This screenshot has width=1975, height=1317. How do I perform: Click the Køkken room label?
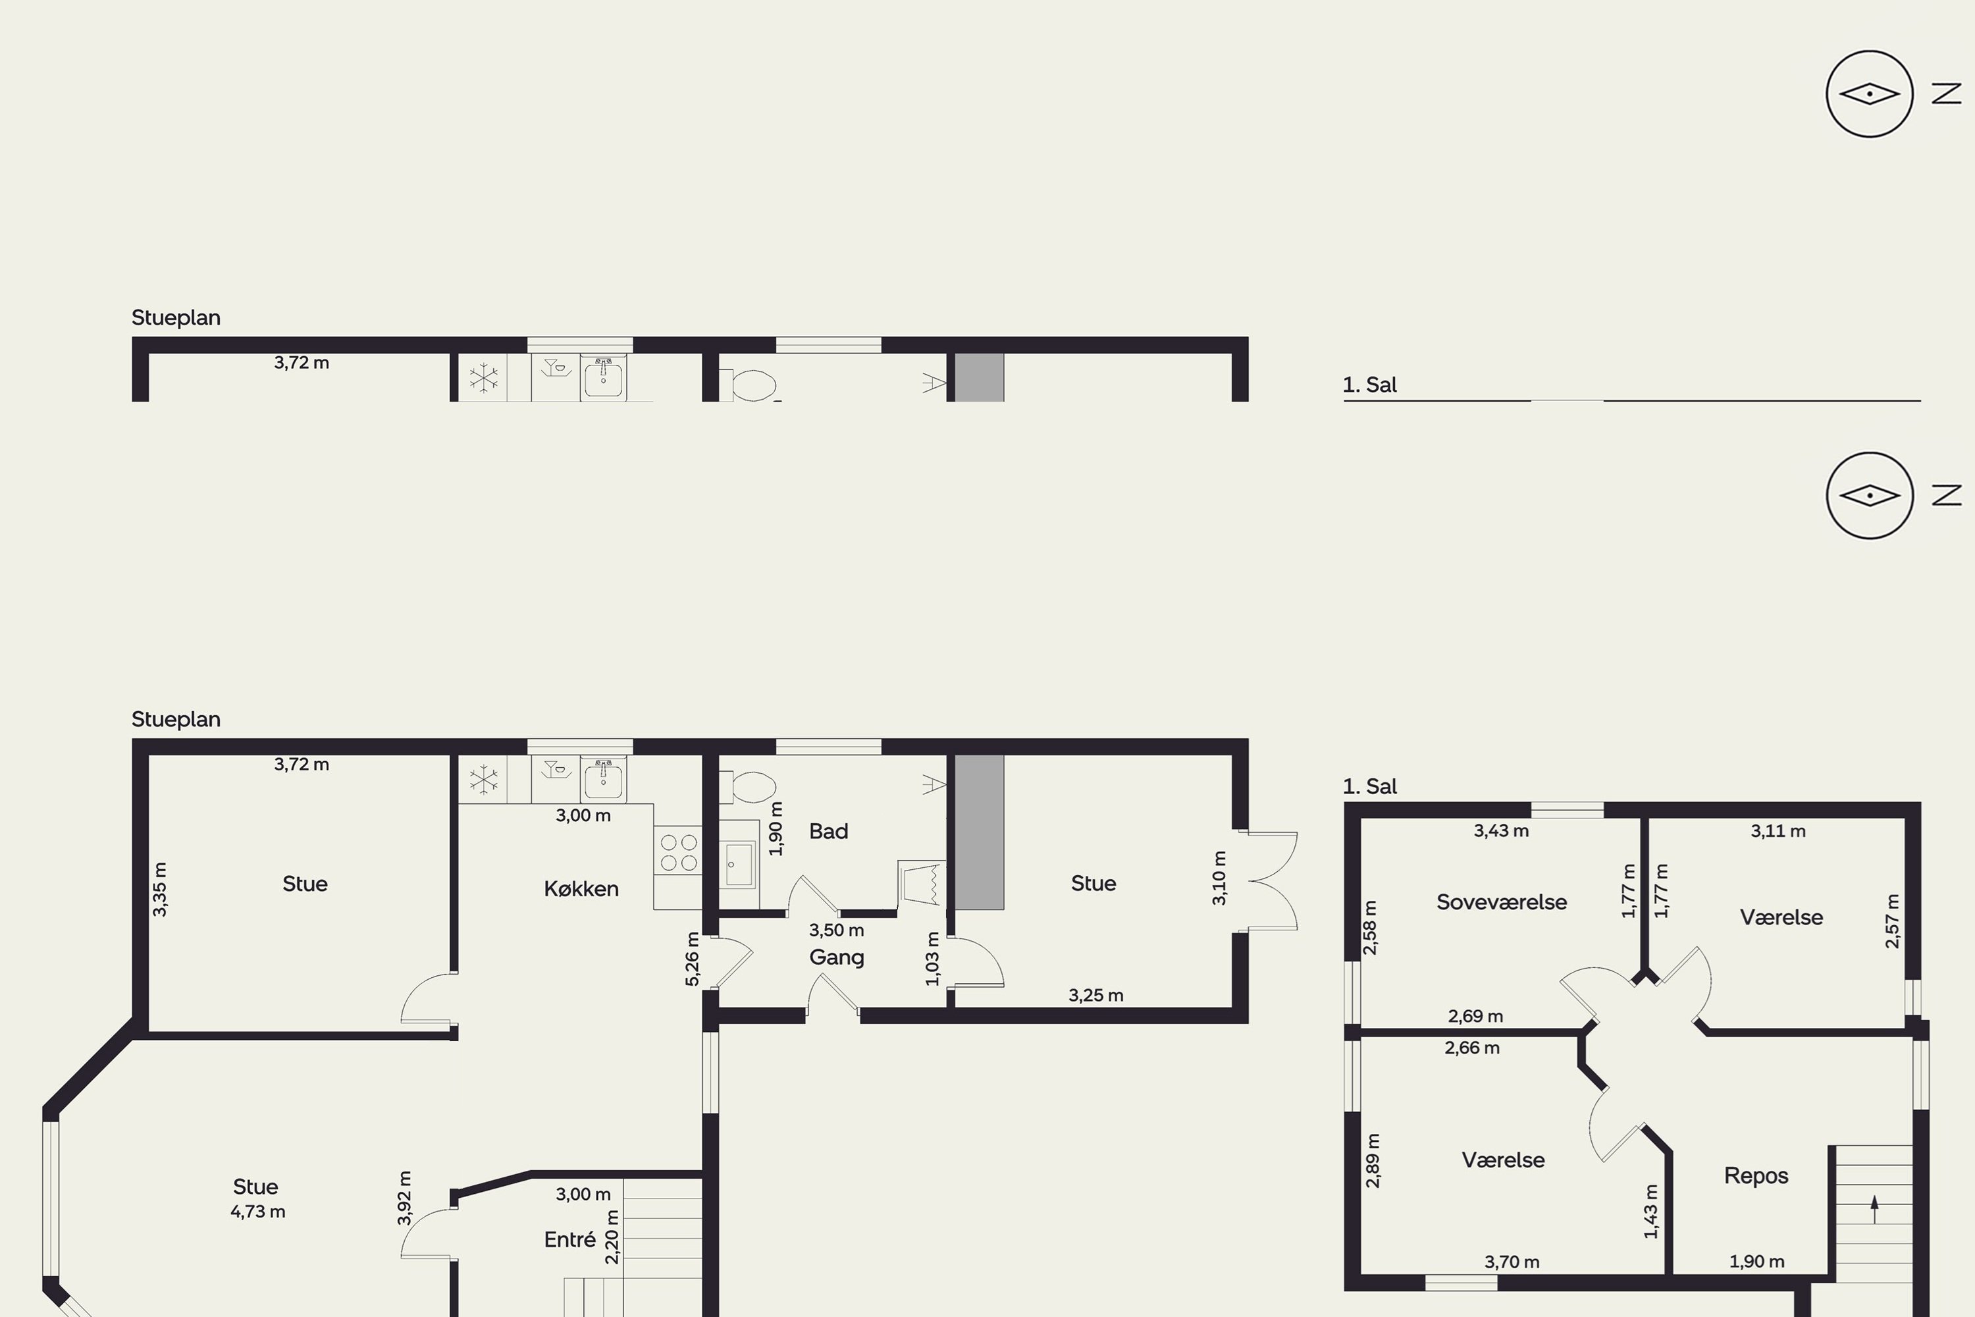pos(581,888)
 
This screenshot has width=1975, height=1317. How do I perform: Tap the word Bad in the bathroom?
pos(828,832)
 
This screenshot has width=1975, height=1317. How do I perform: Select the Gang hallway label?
pos(836,957)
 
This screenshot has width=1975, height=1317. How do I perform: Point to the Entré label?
pos(569,1240)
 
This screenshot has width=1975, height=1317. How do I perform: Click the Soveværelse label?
pos(1502,902)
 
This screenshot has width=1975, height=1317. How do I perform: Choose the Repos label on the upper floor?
pos(1756,1176)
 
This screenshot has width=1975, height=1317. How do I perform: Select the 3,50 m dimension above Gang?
pos(836,930)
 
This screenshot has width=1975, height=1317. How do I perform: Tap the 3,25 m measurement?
pos(1096,995)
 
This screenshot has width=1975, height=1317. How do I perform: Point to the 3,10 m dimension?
pos(1219,878)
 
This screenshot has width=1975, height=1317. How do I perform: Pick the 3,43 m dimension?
pos(1502,830)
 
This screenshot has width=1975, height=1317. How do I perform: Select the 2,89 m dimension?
pos(1373,1161)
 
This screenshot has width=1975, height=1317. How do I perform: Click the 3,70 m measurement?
pos(1512,1262)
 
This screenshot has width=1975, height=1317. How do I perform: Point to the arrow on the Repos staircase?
pos(1874,1210)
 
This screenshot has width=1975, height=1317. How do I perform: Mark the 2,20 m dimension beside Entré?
pos(612,1237)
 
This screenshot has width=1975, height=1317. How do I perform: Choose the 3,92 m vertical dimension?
pos(404,1198)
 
